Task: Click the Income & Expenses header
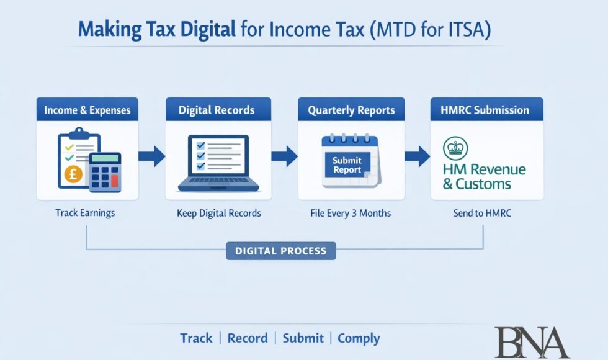87,110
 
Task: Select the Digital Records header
217,110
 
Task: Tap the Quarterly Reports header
351,110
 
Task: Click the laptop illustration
218,164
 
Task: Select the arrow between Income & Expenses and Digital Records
151,156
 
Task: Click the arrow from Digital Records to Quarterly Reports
284,156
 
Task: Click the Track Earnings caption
85,213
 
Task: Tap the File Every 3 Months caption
351,213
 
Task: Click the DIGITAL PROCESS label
280,251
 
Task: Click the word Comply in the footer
359,338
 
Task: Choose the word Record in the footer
248,338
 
